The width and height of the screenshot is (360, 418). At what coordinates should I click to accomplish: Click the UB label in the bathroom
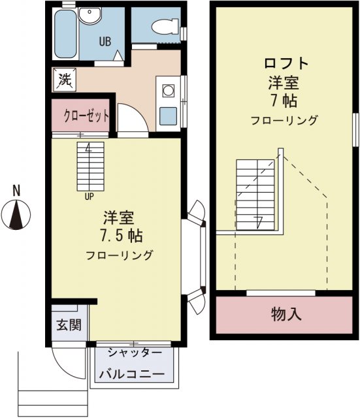[105, 41]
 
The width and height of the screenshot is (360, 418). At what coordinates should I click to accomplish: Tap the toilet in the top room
[161, 27]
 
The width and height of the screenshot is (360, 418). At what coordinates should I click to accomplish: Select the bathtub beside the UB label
[65, 33]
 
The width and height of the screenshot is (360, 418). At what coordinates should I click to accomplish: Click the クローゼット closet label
[86, 116]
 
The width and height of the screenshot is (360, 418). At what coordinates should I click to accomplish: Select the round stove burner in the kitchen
[166, 89]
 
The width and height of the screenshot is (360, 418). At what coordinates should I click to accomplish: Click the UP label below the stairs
[88, 194]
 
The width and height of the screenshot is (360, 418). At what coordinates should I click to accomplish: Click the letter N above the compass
[18, 191]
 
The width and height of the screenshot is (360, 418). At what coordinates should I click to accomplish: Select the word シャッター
[134, 353]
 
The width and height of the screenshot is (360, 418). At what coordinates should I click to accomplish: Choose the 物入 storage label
[286, 314]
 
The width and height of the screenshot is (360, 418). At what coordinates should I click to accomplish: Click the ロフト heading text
[285, 64]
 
